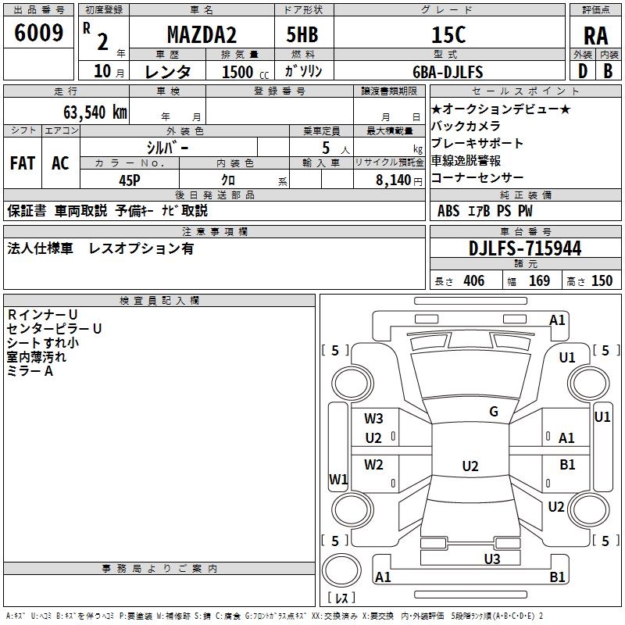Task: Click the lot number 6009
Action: click(x=38, y=33)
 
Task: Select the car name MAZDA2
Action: click(x=202, y=34)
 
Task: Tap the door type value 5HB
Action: click(x=302, y=34)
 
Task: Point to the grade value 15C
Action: click(x=448, y=34)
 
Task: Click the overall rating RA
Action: click(x=595, y=36)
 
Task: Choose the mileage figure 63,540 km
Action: click(x=95, y=112)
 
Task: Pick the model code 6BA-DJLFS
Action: click(x=448, y=72)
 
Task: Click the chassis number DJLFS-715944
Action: click(x=525, y=248)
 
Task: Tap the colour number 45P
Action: click(x=130, y=180)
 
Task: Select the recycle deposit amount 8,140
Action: click(x=394, y=180)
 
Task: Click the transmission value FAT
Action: click(x=23, y=163)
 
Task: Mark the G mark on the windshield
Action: click(x=494, y=412)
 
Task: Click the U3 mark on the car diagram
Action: click(x=492, y=559)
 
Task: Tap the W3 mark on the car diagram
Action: click(x=373, y=419)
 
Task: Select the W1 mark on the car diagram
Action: click(x=338, y=479)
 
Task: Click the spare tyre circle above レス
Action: click(x=341, y=570)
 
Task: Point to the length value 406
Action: click(x=474, y=281)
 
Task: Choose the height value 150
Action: click(x=602, y=281)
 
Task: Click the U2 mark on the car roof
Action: click(x=470, y=466)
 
